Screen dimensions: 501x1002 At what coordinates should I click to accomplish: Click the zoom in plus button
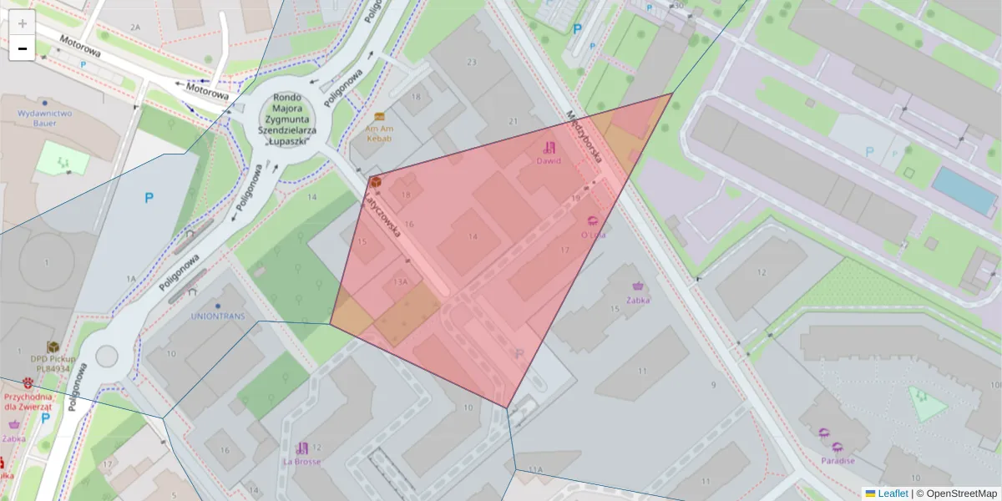(x=23, y=23)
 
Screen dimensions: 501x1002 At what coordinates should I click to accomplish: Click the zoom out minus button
(x=23, y=49)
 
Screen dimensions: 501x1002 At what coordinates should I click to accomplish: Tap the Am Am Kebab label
(x=379, y=133)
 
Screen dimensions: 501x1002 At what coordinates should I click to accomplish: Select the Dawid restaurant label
(x=549, y=160)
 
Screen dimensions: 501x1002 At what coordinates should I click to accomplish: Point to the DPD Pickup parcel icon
(x=53, y=346)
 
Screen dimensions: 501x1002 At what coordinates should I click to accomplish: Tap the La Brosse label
(x=301, y=461)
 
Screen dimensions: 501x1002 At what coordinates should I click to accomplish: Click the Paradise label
(x=837, y=460)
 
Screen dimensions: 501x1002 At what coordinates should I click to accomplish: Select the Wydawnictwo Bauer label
(x=44, y=118)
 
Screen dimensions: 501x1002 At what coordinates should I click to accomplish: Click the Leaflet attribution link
(x=892, y=493)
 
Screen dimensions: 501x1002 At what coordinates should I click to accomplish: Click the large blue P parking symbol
(x=149, y=199)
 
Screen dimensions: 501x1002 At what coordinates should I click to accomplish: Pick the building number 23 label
(x=472, y=63)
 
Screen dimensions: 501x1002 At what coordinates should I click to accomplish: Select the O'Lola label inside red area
(x=593, y=235)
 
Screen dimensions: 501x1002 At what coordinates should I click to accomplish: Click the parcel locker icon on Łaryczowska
(x=376, y=181)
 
